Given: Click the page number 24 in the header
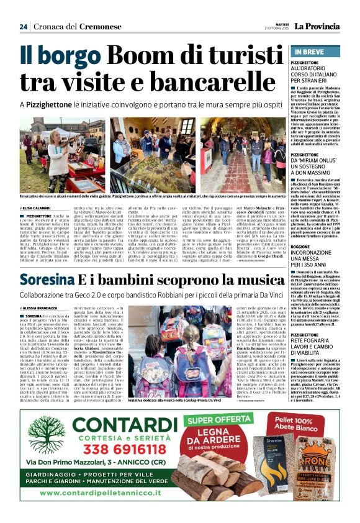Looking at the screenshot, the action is tap(24, 26).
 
